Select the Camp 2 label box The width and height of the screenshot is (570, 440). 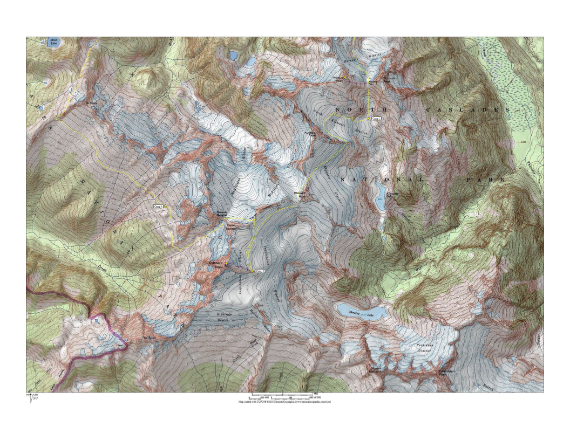point(377,118)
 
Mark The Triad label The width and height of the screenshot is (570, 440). point(148,339)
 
